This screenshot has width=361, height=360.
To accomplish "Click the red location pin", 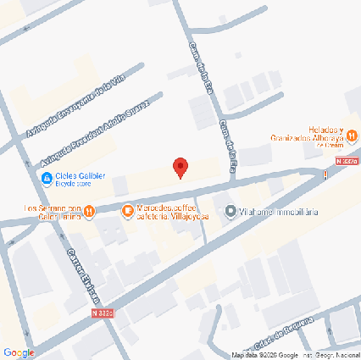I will (180, 167).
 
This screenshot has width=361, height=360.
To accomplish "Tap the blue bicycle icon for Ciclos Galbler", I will (46, 177).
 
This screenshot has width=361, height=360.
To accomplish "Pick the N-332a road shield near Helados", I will (346, 161).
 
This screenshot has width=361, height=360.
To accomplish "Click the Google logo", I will (19, 352).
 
